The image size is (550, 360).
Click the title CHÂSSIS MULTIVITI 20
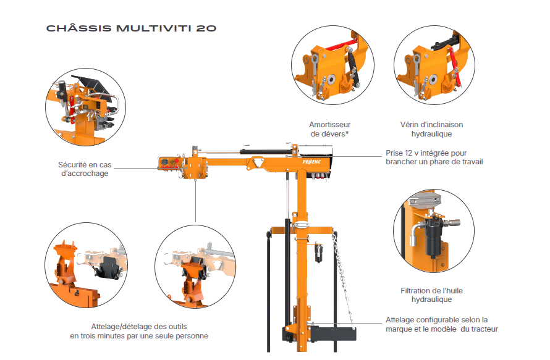pos(131,28)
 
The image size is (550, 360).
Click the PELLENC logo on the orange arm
pos(311,162)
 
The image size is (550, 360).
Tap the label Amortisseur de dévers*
pos(330,129)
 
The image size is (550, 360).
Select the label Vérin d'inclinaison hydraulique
pos(431,129)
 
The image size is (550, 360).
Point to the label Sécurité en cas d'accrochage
pos(85,169)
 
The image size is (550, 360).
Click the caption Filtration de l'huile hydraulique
pos(431,295)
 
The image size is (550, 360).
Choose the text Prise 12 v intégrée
pos(426,153)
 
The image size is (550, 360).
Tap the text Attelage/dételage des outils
pos(139,327)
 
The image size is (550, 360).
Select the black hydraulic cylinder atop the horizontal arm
pos(266,151)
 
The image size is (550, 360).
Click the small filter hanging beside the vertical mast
pos(318,252)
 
